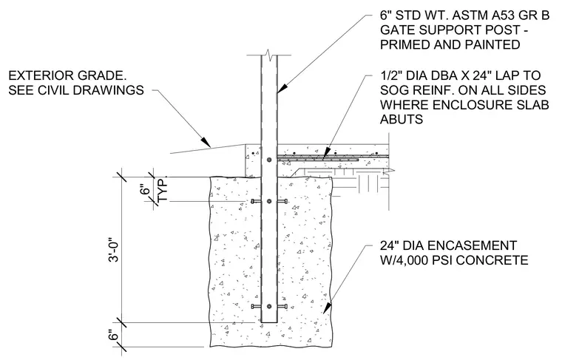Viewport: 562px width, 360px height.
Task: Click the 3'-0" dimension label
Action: (114, 250)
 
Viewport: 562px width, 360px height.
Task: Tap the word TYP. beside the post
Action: (163, 190)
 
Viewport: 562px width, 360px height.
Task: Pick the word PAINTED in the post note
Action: (492, 45)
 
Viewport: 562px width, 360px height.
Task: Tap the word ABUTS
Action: (402, 119)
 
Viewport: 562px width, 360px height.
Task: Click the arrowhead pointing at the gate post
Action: (282, 89)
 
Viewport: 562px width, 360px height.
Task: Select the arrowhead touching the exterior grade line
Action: (206, 141)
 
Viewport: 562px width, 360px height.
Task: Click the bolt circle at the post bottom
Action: (269, 307)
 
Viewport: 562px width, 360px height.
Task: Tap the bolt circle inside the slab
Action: (269, 160)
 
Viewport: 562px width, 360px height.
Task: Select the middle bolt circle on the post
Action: (269, 202)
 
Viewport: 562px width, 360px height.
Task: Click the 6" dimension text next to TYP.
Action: (145, 189)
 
